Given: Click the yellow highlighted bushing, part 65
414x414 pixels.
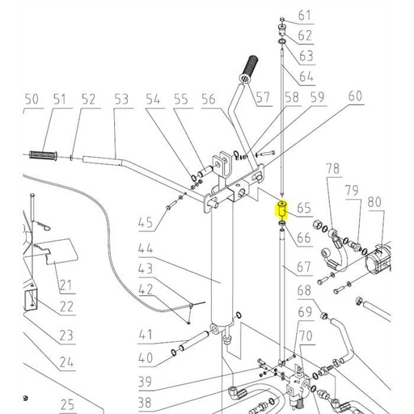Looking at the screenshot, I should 281,212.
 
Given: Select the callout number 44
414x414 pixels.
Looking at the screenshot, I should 146,250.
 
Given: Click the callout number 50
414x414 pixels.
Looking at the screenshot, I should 32,99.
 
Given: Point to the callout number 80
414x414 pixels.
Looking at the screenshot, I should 374,201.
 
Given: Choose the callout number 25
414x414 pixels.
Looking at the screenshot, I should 66,404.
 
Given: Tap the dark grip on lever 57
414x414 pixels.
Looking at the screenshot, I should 247,65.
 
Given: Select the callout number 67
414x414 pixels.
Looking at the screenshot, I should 304,267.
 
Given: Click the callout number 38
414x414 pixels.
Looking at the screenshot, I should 146,402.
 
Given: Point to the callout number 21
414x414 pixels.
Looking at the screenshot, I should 65,285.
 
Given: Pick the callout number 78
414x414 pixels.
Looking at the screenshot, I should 333,168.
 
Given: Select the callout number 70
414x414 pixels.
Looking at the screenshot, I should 305,335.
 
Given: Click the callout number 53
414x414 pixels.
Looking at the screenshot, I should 121,99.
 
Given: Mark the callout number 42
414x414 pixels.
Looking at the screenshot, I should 146,290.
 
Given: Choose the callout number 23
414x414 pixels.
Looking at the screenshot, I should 65,336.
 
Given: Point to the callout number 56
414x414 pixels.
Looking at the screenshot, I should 209,99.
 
